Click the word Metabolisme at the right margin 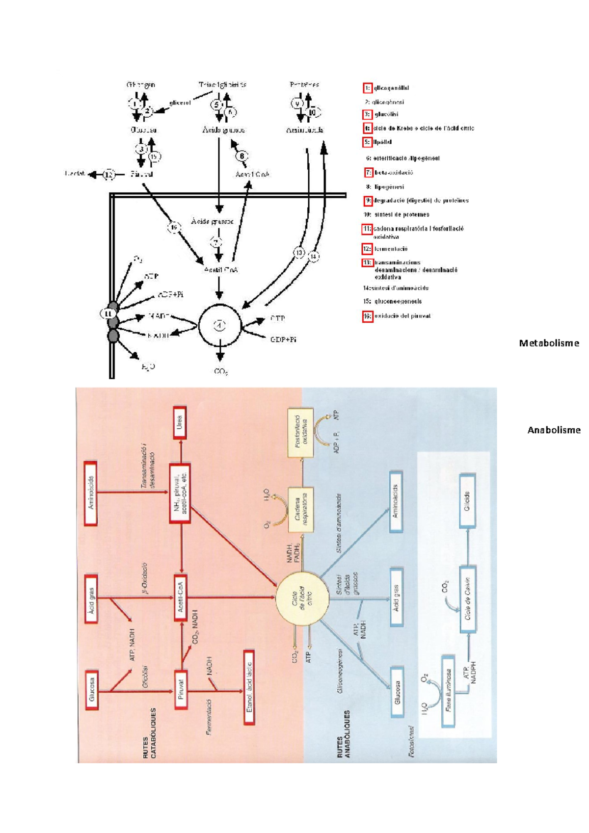(x=549, y=343)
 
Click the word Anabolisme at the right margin (x=554, y=430)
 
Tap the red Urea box (x=180, y=423)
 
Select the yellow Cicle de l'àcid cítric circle (x=301, y=598)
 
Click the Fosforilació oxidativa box (x=301, y=432)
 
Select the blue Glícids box (x=467, y=500)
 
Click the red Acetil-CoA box (x=180, y=598)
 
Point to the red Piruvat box (x=180, y=692)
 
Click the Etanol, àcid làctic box (x=249, y=687)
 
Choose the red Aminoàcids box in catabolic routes (x=91, y=493)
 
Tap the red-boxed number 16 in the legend (x=367, y=316)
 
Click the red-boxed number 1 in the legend (x=367, y=88)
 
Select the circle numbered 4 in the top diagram (x=220, y=325)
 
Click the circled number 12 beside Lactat (x=108, y=174)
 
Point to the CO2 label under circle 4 (x=221, y=372)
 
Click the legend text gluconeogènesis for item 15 (x=398, y=301)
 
